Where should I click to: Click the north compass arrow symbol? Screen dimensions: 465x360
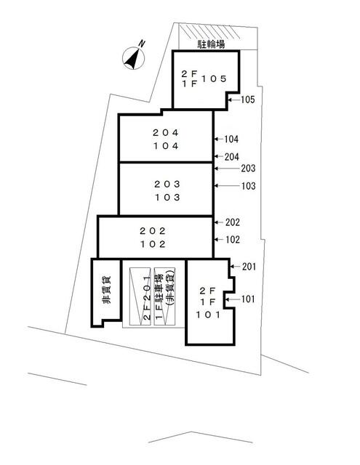click(133, 56)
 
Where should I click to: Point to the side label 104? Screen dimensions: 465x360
click(232, 139)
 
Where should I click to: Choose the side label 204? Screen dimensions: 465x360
click(232, 157)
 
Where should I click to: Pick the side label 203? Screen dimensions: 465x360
click(248, 169)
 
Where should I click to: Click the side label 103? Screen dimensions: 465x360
click(248, 186)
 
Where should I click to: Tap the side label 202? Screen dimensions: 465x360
click(233, 222)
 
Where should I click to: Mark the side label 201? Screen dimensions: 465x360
click(249, 267)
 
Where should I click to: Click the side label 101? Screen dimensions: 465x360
click(249, 299)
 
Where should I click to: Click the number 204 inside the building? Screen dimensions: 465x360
click(166, 132)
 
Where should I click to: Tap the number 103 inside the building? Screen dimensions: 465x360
click(167, 197)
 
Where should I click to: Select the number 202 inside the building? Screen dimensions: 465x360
click(153, 231)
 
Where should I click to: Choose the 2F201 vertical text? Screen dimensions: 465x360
click(146, 298)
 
